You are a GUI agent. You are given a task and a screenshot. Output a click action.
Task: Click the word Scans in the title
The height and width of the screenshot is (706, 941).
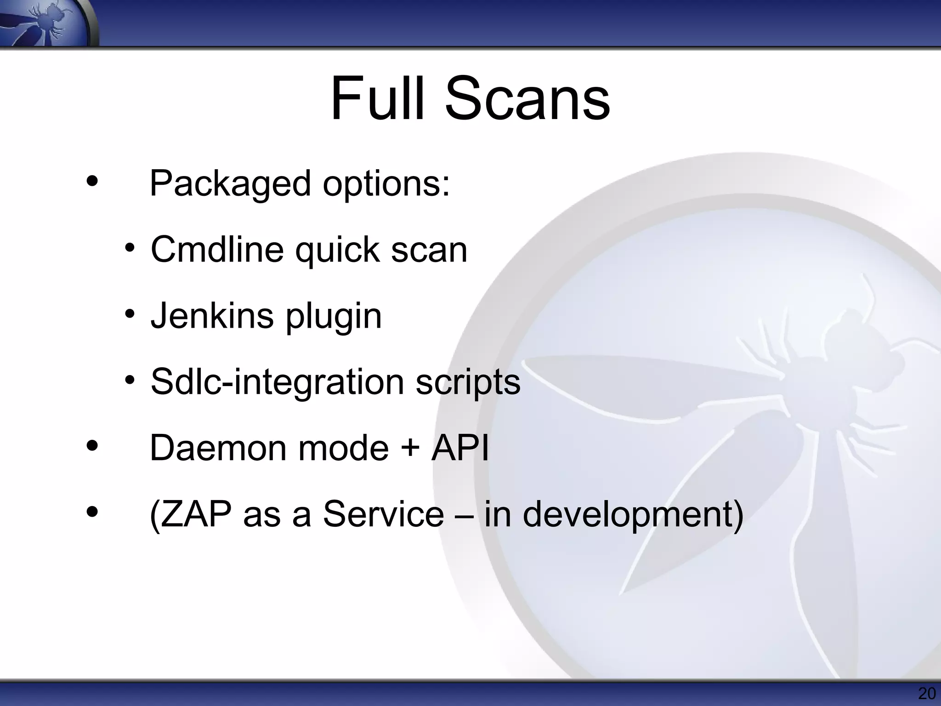[527, 99]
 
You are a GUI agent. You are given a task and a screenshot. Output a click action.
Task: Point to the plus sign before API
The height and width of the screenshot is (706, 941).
[410, 449]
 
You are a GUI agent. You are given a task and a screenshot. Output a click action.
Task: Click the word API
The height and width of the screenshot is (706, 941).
[460, 448]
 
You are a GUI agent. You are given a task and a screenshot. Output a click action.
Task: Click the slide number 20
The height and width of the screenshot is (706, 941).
[926, 694]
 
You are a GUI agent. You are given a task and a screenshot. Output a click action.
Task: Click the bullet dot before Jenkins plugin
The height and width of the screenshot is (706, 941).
[130, 315]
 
